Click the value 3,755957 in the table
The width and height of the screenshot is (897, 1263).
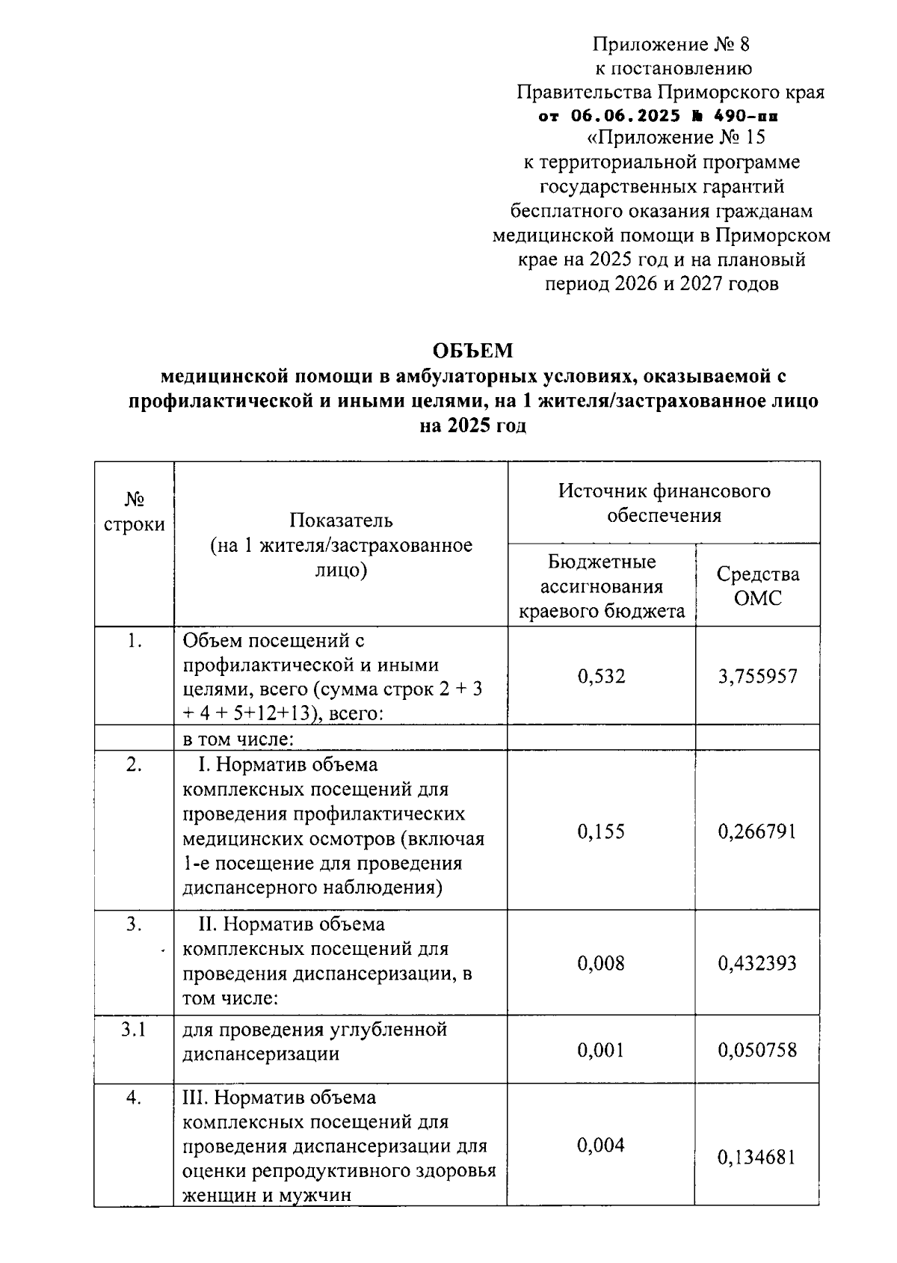(x=757, y=677)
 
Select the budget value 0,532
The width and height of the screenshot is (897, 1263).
(x=601, y=677)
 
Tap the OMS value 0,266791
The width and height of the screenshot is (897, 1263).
(x=757, y=832)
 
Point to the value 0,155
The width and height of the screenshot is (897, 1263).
(x=601, y=832)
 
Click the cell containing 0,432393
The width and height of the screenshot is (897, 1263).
(x=757, y=963)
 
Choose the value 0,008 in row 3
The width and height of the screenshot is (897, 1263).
(x=601, y=963)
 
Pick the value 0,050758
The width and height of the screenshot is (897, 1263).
(x=757, y=1051)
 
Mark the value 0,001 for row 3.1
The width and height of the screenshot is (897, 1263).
(x=601, y=1051)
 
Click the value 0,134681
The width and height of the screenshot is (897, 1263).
(x=757, y=1158)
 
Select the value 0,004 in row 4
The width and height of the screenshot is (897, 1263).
(x=601, y=1146)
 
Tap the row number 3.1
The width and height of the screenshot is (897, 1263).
(x=134, y=1030)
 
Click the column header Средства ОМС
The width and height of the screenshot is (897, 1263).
(x=757, y=586)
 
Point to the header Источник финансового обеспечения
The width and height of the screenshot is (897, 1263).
(x=664, y=503)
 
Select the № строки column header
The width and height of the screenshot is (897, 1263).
(x=134, y=511)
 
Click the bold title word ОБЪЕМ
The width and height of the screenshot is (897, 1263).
(x=473, y=351)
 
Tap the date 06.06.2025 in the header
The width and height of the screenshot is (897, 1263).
(x=626, y=116)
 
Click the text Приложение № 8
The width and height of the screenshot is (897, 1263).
(x=671, y=44)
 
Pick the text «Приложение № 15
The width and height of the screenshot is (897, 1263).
(x=676, y=138)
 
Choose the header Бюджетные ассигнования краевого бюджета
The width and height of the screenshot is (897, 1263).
(x=601, y=586)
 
